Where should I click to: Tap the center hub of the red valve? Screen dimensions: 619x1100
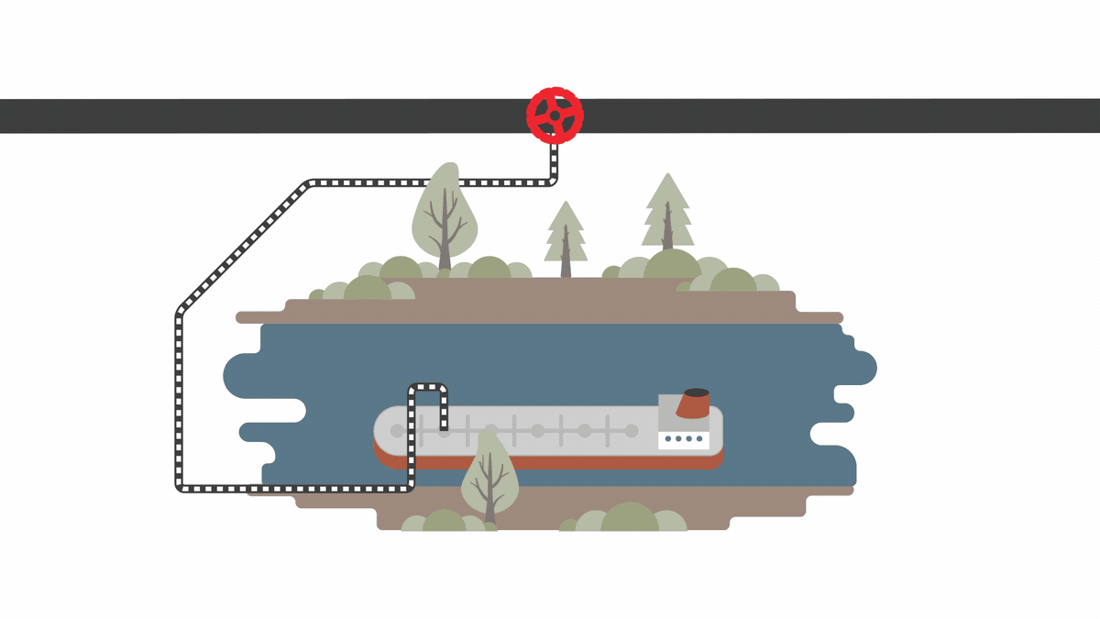555,116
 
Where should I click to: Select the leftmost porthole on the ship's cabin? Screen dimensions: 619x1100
667,439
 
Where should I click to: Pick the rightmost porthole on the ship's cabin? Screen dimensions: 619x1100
700,439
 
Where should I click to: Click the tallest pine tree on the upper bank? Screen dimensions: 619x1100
667,211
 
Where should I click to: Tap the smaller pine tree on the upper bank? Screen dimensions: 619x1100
566,234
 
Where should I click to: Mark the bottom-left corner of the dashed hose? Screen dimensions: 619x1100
180,486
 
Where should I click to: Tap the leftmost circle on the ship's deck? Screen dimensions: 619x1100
397,430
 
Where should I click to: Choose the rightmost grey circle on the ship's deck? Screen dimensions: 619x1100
631,430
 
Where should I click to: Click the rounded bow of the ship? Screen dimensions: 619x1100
381,431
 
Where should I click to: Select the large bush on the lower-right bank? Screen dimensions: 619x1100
630,517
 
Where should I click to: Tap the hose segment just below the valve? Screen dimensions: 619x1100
554,160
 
